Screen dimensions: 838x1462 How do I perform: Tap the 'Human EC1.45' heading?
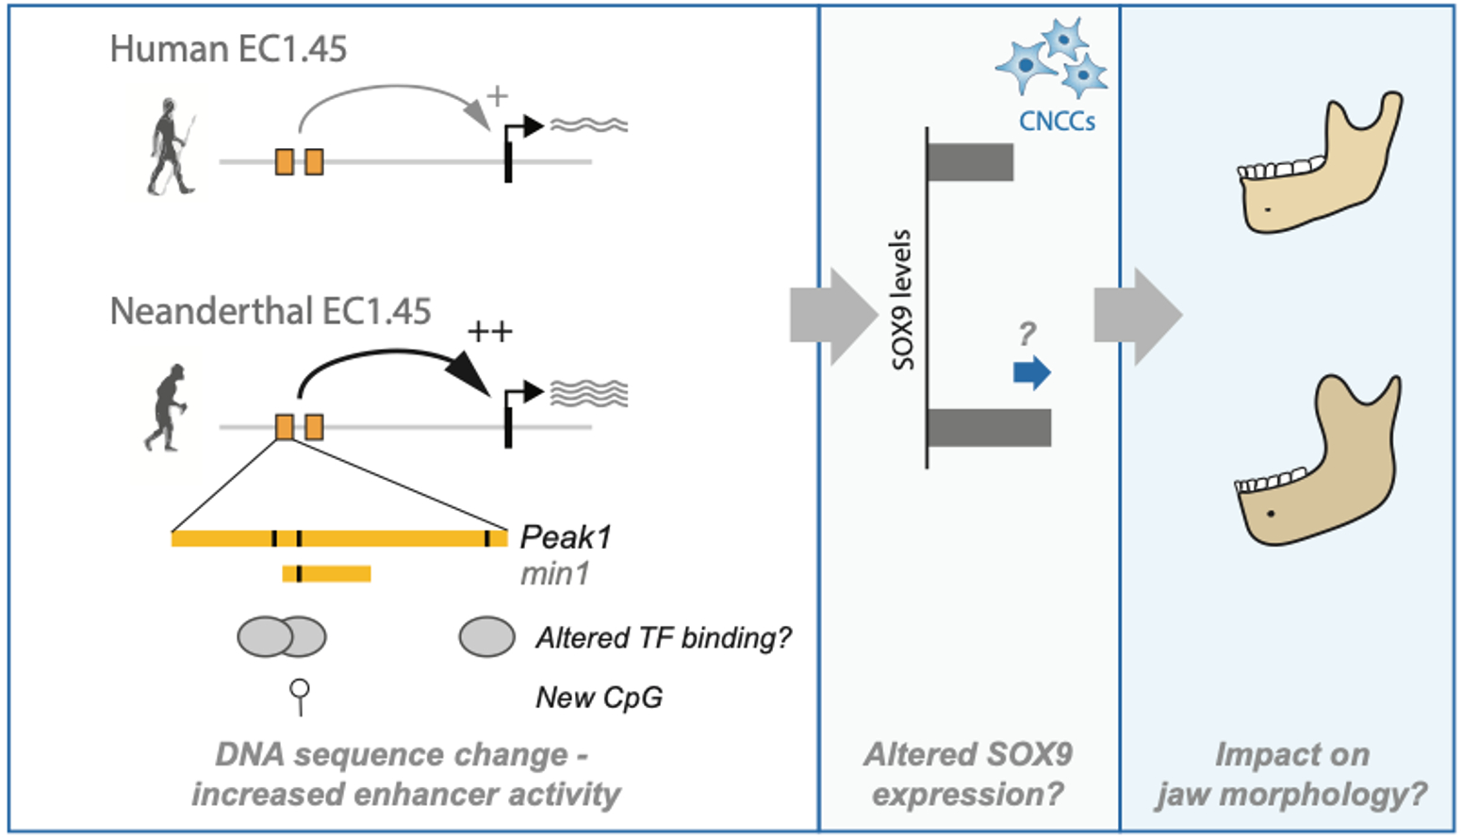pyautogui.click(x=228, y=49)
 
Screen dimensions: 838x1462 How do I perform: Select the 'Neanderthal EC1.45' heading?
pyautogui.click(x=271, y=311)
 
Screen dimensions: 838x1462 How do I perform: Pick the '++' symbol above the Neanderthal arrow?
pyautogui.click(x=490, y=332)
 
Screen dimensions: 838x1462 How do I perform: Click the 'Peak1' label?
pyautogui.click(x=566, y=537)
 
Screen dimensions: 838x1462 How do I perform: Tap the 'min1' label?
pyautogui.click(x=554, y=573)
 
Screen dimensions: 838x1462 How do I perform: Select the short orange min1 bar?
pyautogui.click(x=326, y=573)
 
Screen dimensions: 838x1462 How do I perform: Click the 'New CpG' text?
pyautogui.click(x=599, y=698)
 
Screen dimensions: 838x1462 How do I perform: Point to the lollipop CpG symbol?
pyautogui.click(x=300, y=696)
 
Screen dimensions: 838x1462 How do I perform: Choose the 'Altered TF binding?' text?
pyautogui.click(x=664, y=638)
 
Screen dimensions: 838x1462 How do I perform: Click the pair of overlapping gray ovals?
pyautogui.click(x=282, y=637)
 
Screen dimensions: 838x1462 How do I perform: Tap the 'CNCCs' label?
pyautogui.click(x=1057, y=121)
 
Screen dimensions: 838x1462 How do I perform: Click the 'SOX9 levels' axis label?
pyautogui.click(x=902, y=300)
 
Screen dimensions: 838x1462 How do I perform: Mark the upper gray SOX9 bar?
pyautogui.click(x=970, y=162)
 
